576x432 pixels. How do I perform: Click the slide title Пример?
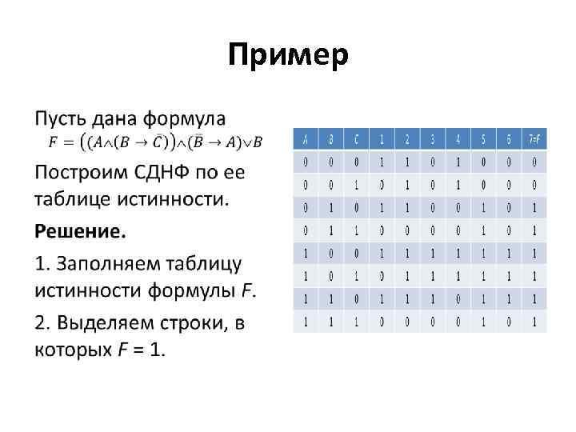(x=288, y=55)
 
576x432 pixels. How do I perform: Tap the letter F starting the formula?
(x=54, y=142)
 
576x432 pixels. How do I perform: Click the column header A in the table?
(x=305, y=139)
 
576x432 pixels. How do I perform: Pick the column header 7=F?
(x=534, y=139)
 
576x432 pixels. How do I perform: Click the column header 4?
(x=458, y=139)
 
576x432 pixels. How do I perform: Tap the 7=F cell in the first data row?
(x=534, y=162)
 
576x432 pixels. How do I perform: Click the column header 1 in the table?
(x=382, y=139)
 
